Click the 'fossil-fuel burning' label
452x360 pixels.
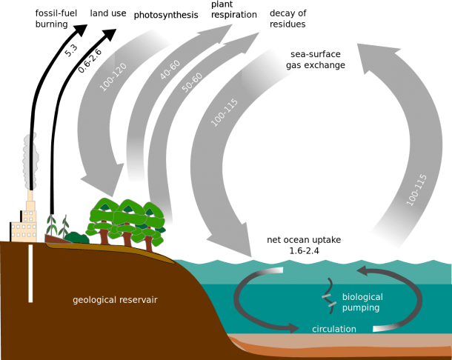[x=56, y=19]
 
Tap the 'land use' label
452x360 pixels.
[x=108, y=13]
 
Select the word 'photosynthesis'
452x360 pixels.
[x=166, y=15]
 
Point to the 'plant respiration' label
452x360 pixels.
[x=234, y=10]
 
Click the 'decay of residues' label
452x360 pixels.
[x=288, y=19]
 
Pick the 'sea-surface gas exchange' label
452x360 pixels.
[x=316, y=60]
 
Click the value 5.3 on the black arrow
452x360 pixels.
[x=71, y=50]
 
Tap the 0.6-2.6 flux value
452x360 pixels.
[x=90, y=61]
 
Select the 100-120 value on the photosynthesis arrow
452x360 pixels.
[x=113, y=77]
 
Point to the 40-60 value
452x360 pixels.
[x=170, y=70]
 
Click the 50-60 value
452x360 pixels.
[x=192, y=83]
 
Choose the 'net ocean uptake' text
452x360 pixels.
[x=304, y=240]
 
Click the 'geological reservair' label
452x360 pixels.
[x=115, y=300]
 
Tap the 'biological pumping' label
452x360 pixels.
[x=362, y=302]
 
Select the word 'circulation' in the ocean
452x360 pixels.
[x=334, y=329]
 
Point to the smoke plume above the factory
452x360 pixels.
[x=30, y=161]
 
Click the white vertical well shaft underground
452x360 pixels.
[x=30, y=273]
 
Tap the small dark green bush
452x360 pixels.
[x=76, y=238]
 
